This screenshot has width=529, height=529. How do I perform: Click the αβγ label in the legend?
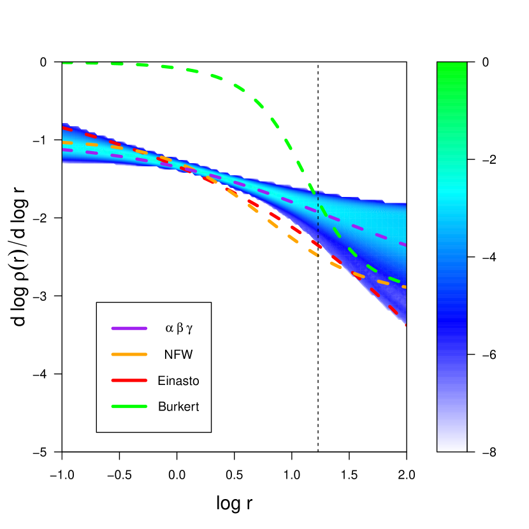178,328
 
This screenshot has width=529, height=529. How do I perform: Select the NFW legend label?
178,354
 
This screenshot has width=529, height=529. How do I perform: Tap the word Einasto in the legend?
178,380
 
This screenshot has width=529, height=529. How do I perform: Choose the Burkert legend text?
178,407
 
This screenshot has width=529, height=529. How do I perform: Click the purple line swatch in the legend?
129,328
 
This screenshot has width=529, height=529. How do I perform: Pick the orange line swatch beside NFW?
129,354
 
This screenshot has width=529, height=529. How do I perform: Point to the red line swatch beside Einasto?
129,380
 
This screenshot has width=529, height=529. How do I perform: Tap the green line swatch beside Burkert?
129,407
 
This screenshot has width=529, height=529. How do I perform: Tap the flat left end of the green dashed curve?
66,63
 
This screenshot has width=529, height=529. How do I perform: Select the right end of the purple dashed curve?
403,244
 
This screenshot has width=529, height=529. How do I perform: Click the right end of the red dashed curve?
403,323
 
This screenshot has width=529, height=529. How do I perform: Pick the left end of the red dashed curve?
65,128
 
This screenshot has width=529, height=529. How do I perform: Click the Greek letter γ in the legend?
189,329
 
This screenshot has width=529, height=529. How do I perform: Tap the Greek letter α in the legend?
169,329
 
